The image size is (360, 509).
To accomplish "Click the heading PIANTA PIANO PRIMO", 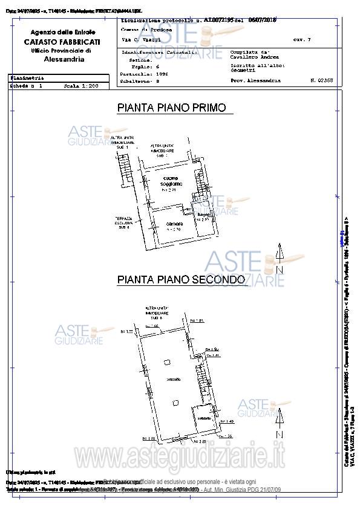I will click(171, 108).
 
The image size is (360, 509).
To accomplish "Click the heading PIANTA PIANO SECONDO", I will click(181, 280).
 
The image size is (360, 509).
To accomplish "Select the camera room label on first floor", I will click(174, 226).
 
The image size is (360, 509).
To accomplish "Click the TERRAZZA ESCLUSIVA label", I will click(124, 222).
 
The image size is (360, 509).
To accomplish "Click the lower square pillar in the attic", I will click(174, 403).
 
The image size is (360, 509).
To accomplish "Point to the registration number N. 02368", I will click(321, 80).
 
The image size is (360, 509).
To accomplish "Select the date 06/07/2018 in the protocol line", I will click(261, 20).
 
